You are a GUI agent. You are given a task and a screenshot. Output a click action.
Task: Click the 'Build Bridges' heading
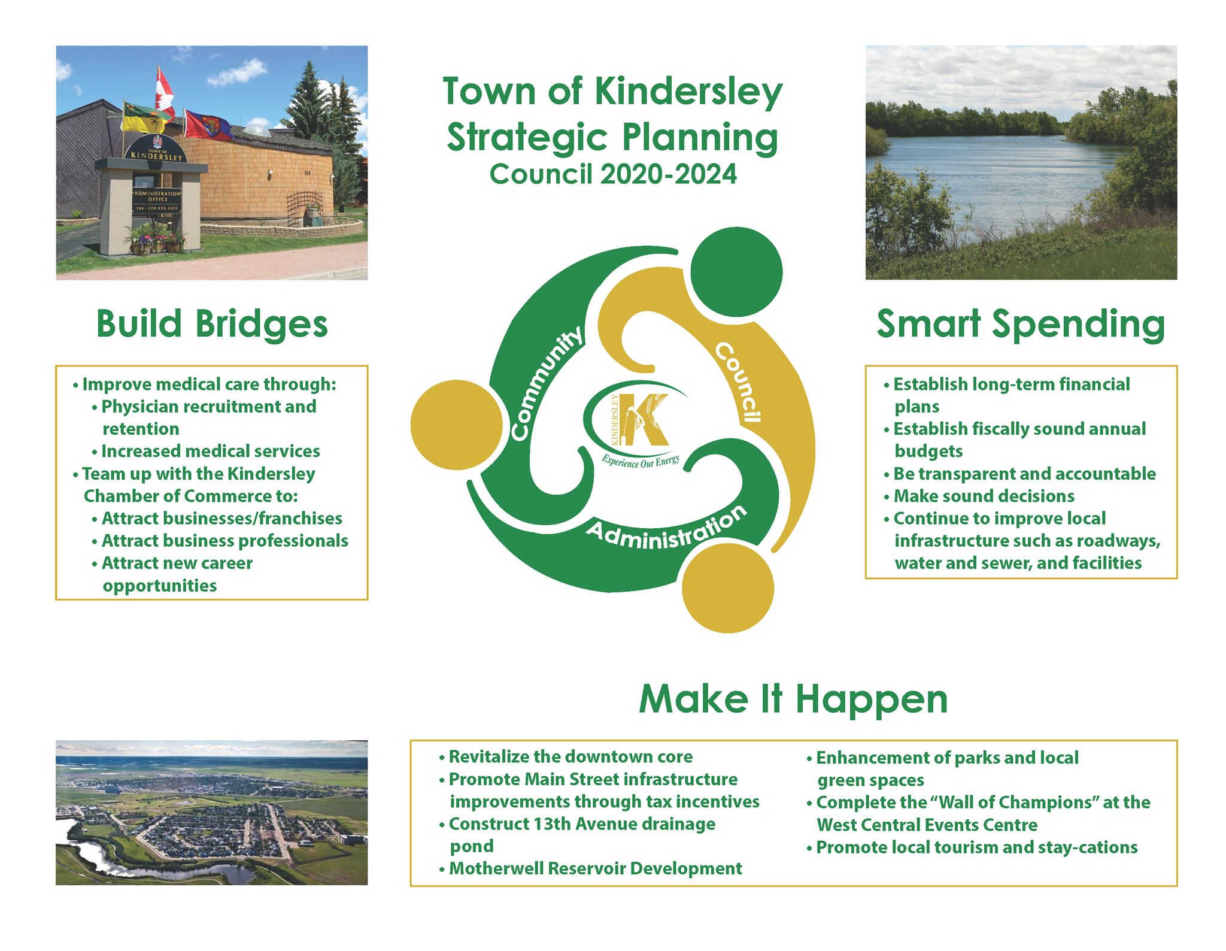212,325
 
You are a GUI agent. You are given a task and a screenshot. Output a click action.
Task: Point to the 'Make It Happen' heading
793,699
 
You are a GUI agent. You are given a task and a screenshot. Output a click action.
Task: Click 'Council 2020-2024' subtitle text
613,174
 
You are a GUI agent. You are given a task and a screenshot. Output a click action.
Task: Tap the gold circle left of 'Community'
457,425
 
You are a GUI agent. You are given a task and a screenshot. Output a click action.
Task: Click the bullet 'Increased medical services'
206,451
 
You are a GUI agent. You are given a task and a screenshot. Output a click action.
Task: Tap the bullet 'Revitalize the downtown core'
565,756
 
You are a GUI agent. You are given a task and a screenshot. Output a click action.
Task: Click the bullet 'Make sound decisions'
979,496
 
